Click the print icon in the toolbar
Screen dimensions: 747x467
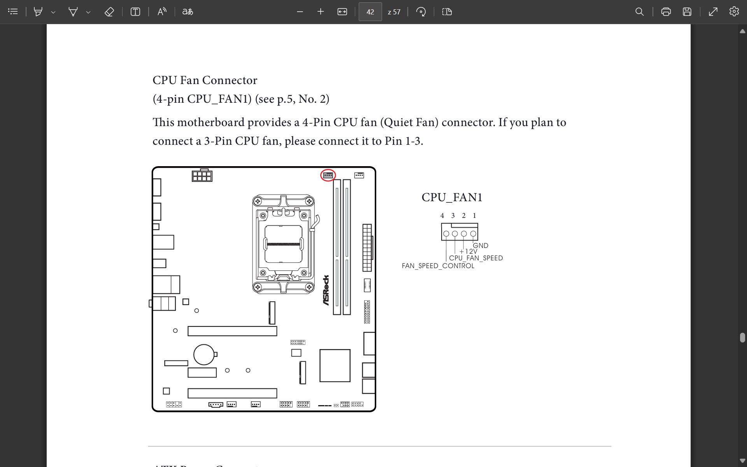click(x=666, y=12)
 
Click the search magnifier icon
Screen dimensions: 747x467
click(x=639, y=12)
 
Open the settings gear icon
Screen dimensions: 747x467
click(x=734, y=12)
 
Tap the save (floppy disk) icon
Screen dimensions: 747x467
click(x=687, y=12)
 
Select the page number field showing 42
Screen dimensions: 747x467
click(x=370, y=12)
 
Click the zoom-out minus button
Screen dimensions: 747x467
click(x=300, y=12)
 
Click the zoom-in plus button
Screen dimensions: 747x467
click(x=321, y=12)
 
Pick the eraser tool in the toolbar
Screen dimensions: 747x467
click(x=109, y=12)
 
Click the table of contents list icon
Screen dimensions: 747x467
click(x=13, y=12)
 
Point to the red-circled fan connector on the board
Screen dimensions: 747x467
click(x=328, y=175)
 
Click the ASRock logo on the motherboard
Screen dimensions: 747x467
click(x=326, y=290)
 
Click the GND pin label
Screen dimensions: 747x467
click(x=480, y=246)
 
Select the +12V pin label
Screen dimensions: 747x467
click(x=468, y=251)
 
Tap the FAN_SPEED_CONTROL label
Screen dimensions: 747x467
click(x=438, y=266)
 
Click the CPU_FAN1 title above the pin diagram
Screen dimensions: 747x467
click(x=452, y=197)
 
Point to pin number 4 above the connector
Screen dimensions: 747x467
click(x=442, y=216)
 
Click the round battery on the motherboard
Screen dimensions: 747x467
click(x=204, y=355)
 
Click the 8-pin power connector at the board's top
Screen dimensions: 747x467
click(x=202, y=176)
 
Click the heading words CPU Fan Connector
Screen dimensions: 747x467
click(x=205, y=80)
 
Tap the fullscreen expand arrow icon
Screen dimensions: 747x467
click(x=713, y=12)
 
